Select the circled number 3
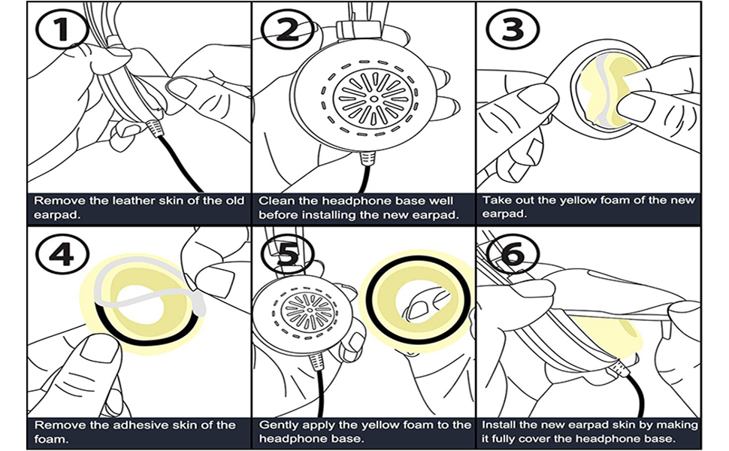coord(509,29)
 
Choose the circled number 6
coord(511,255)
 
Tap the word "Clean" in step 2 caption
coord(276,201)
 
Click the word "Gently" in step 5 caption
coord(278,425)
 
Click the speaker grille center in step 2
coord(374,96)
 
